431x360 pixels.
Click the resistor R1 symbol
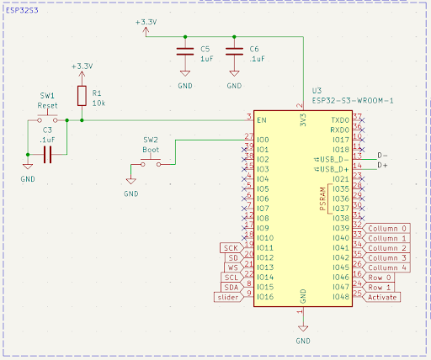tap(82, 96)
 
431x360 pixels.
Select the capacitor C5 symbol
tap(184, 54)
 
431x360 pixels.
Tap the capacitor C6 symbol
tap(234, 54)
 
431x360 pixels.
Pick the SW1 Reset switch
tap(47, 120)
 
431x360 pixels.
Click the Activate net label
tap(381, 297)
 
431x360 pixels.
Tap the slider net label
tap(228, 297)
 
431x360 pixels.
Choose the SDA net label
tap(231, 287)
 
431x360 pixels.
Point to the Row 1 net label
tap(379, 287)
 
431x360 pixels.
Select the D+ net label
tap(384, 166)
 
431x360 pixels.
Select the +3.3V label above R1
tap(82, 66)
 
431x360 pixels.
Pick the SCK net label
tap(231, 248)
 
